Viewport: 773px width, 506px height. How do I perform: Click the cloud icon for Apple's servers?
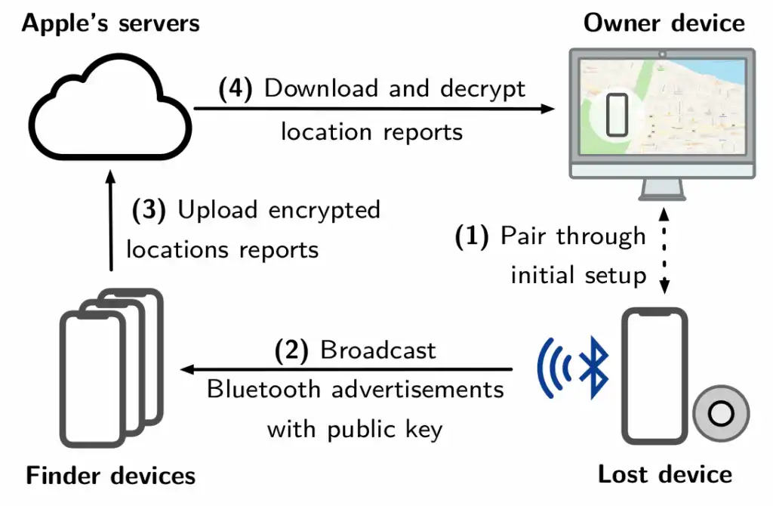(109, 106)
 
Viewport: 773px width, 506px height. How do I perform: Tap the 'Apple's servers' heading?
(111, 23)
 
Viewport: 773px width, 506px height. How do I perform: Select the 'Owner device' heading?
(664, 23)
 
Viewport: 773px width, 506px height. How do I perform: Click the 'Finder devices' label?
(111, 476)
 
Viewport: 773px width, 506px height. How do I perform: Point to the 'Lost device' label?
(664, 474)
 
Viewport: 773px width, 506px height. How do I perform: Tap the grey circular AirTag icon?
(721, 413)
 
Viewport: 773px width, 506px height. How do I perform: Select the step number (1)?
(473, 236)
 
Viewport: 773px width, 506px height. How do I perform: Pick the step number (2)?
(291, 350)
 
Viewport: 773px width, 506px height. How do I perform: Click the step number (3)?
(149, 210)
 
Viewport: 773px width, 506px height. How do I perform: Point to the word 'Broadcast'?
(378, 350)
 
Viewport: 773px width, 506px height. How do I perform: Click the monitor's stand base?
(664, 196)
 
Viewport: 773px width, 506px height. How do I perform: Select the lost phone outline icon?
(654, 377)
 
